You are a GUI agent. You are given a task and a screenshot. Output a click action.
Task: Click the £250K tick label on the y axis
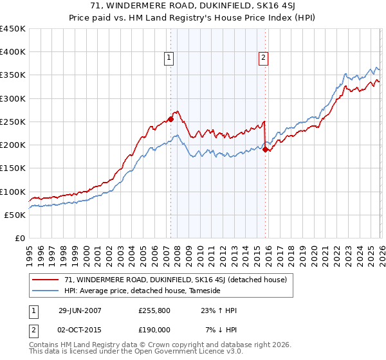pyautogui.click(x=12, y=122)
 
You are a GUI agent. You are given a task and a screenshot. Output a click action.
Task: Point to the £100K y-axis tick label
pyautogui.click(x=12, y=192)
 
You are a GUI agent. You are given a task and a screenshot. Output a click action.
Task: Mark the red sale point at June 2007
pyautogui.click(x=170, y=119)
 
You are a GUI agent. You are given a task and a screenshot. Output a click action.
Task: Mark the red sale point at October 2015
pyautogui.click(x=266, y=150)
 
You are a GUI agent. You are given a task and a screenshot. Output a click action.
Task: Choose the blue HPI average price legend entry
pyautogui.click(x=142, y=291)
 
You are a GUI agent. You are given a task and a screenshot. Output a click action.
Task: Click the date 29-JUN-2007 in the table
pyautogui.click(x=80, y=310)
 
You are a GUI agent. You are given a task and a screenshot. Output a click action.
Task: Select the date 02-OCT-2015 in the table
pyautogui.click(x=80, y=329)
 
